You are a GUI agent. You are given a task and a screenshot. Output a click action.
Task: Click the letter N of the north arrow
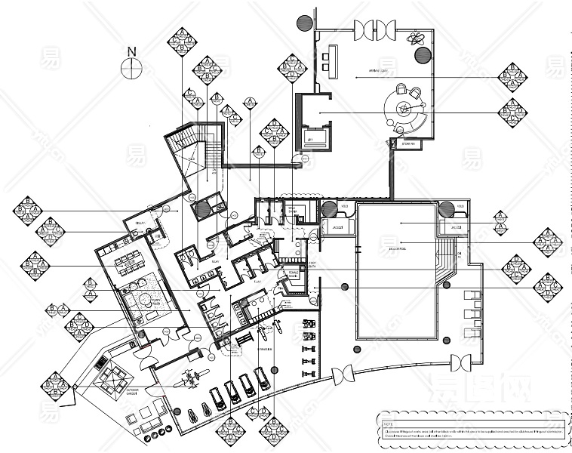[x=132, y=51]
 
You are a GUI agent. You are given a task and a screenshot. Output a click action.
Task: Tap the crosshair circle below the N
[x=132, y=68]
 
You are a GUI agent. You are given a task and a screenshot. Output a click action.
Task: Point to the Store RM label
[x=407, y=144]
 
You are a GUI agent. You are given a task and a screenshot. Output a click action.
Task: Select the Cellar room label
[x=140, y=223]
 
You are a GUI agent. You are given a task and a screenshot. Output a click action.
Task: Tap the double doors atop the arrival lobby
[x=375, y=30]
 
